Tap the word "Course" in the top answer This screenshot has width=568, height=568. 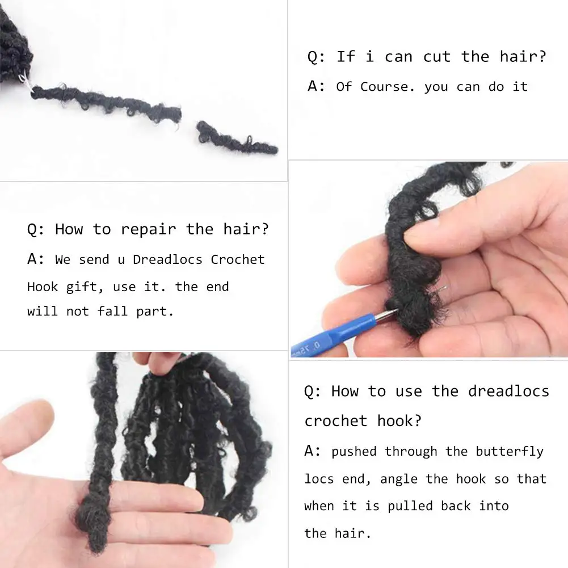tap(388, 87)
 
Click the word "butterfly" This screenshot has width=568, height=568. tap(509, 452)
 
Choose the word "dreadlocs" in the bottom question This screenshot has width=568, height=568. tap(508, 392)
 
